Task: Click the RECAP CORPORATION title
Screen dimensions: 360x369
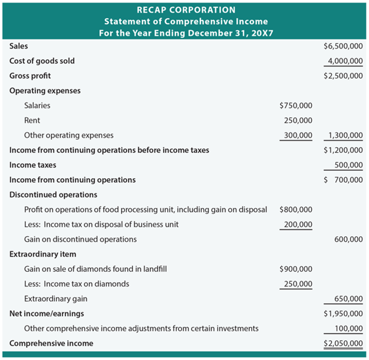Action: pyautogui.click(x=186, y=10)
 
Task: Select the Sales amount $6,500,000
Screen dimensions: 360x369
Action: pyautogui.click(x=343, y=46)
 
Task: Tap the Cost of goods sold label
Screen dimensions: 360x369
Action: pyautogui.click(x=42, y=61)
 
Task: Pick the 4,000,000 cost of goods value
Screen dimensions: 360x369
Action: pyautogui.click(x=345, y=61)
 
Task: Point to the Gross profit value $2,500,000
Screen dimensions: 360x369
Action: pyautogui.click(x=343, y=76)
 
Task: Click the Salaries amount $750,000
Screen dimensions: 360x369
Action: pyautogui.click(x=296, y=106)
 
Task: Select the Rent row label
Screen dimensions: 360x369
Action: pyautogui.click(x=32, y=120)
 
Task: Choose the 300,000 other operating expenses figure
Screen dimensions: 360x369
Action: pyautogui.click(x=298, y=135)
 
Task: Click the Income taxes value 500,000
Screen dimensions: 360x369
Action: pyautogui.click(x=348, y=165)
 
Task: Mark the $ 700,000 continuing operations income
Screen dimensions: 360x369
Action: pyautogui.click(x=343, y=180)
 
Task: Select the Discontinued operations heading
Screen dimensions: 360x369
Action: pyautogui.click(x=53, y=195)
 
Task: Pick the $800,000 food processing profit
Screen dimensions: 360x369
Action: pyautogui.click(x=296, y=209)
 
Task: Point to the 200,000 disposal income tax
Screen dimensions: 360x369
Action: pyautogui.click(x=298, y=224)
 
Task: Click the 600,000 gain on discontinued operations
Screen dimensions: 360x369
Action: pyautogui.click(x=348, y=239)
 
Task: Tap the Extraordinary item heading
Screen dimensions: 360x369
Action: pyautogui.click(x=43, y=254)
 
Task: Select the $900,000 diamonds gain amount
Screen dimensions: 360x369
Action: pyautogui.click(x=296, y=269)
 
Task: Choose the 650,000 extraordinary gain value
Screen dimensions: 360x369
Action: pyautogui.click(x=348, y=299)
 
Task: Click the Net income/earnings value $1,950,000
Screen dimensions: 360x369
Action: pyautogui.click(x=343, y=313)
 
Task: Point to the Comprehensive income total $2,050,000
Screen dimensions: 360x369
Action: pyautogui.click(x=343, y=343)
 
